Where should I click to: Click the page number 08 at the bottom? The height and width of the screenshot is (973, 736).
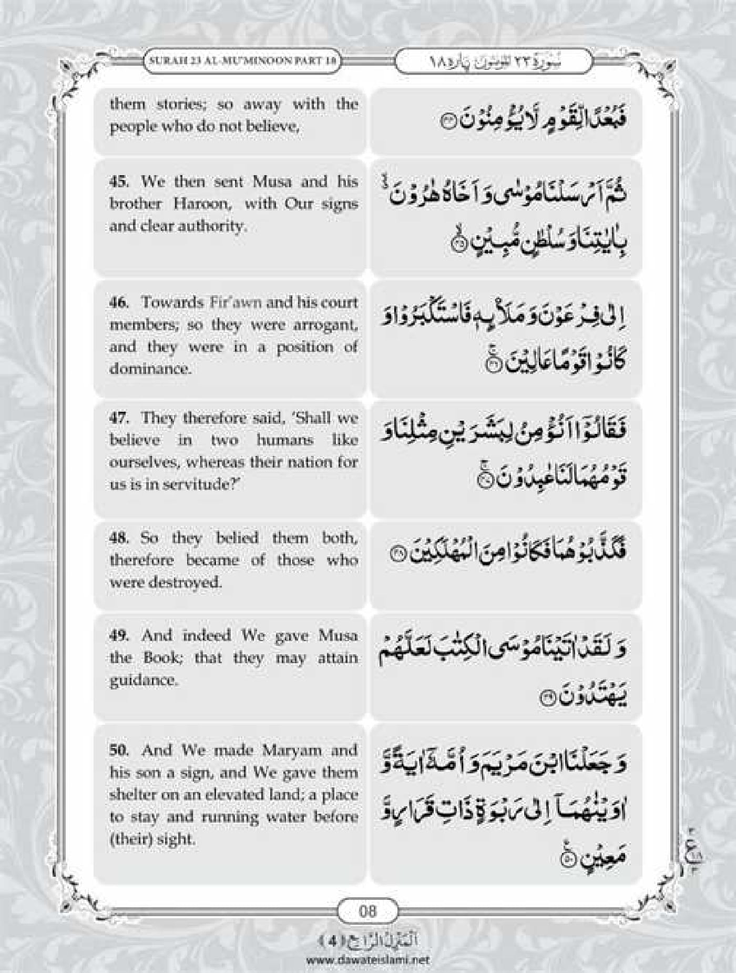pos(367,910)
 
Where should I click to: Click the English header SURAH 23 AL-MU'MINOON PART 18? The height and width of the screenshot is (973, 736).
pos(242,61)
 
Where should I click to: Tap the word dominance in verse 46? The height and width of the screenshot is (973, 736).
pos(150,369)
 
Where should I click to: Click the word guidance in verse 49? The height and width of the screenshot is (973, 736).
pos(144,680)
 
